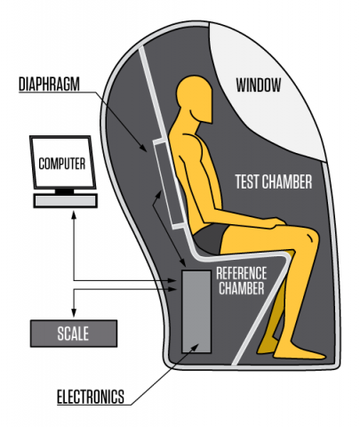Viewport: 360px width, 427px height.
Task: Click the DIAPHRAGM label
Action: (49, 84)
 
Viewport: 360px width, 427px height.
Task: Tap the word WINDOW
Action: (259, 85)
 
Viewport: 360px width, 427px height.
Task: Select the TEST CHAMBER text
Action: (274, 181)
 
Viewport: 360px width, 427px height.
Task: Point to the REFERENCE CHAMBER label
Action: (241, 280)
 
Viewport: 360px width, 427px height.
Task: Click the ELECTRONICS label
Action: (91, 397)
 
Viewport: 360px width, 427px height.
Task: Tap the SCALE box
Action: (74, 334)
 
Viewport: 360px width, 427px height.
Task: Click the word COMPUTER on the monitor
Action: (62, 164)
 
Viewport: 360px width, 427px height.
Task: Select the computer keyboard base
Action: (65, 200)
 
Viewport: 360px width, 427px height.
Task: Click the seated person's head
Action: (195, 99)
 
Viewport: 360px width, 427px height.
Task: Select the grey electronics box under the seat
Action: (196, 311)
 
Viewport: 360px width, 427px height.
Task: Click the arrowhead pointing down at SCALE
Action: (74, 313)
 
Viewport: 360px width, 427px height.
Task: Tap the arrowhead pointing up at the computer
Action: (74, 214)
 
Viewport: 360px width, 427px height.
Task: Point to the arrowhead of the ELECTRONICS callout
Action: (195, 347)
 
